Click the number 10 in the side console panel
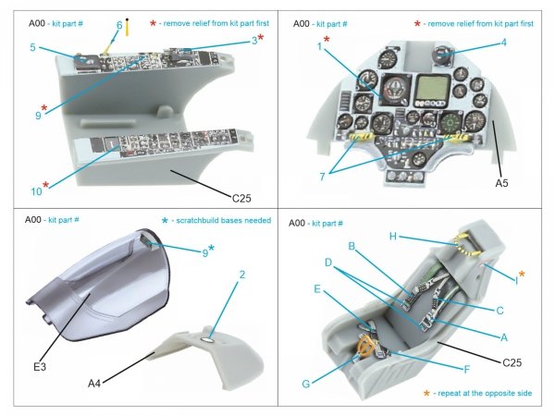pos(34,192)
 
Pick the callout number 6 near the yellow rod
pos(119,25)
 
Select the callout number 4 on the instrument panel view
pos(503,42)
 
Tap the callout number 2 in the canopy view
pos(241,275)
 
